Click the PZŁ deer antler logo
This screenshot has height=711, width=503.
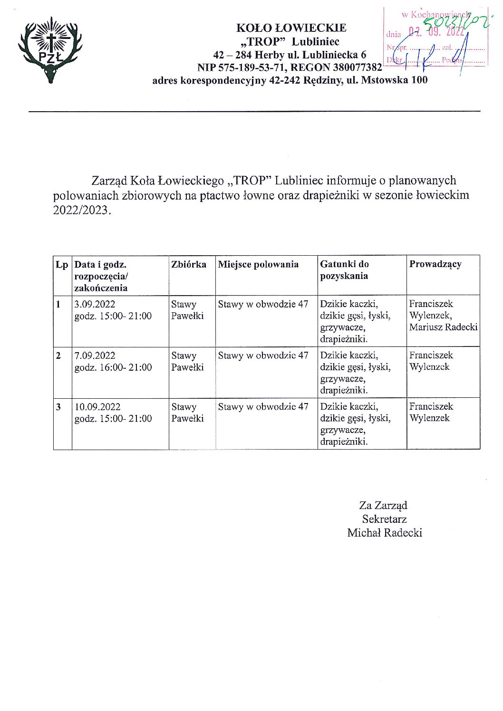pyautogui.click(x=50, y=50)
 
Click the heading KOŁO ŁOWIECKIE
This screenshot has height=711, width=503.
pyautogui.click(x=291, y=28)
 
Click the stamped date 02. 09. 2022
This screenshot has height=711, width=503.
pyautogui.click(x=436, y=32)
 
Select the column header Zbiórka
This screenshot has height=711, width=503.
pyautogui.click(x=189, y=265)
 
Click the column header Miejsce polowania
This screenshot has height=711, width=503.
pyautogui.click(x=258, y=265)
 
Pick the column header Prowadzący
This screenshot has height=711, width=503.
pyautogui.click(x=435, y=264)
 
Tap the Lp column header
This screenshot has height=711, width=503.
pyautogui.click(x=62, y=265)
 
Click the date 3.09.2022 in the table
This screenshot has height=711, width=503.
pyautogui.click(x=95, y=304)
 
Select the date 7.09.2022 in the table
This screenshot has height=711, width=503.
pyautogui.click(x=95, y=355)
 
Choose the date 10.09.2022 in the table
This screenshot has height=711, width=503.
pyautogui.click(x=97, y=407)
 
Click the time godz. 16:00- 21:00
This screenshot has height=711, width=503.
pyautogui.click(x=113, y=367)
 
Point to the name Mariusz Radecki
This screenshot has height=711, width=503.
pyautogui.click(x=443, y=327)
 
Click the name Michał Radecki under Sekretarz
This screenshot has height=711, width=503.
pyautogui.click(x=385, y=533)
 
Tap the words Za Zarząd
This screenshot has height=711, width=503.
pyautogui.click(x=383, y=505)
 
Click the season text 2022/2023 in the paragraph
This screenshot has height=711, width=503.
pyautogui.click(x=80, y=210)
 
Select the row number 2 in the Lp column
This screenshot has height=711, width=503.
pyautogui.click(x=58, y=355)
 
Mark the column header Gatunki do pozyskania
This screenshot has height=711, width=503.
pyautogui.click(x=344, y=270)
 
